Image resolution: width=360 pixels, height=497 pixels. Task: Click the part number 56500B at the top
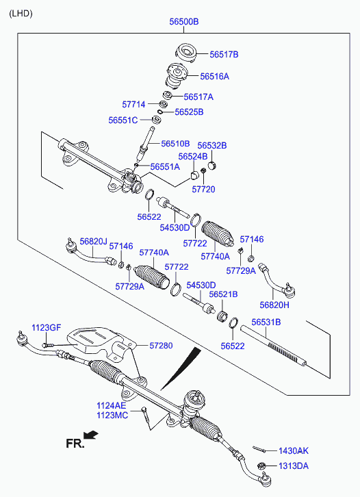[x=184, y=21]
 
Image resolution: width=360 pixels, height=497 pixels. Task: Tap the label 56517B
[x=224, y=55]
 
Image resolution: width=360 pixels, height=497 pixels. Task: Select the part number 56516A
[x=214, y=77]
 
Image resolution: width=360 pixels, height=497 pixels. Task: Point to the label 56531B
[x=266, y=322]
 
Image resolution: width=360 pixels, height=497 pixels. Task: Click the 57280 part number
[x=161, y=346]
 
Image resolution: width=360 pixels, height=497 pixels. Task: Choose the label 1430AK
[x=294, y=450]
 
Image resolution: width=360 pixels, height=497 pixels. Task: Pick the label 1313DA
[x=294, y=466]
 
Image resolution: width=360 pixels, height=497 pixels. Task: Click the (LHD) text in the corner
[x=21, y=14]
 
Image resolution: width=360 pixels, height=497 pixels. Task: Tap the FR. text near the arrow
[x=75, y=444]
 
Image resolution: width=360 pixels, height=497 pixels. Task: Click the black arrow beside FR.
[x=92, y=435]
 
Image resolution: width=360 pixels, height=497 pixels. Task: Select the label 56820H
[x=274, y=305]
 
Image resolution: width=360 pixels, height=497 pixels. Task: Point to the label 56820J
[x=93, y=242]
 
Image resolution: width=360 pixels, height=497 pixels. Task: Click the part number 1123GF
[x=46, y=328]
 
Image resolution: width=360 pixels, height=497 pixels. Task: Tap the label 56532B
[x=212, y=146]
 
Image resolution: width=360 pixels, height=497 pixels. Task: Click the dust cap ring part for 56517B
[x=185, y=52]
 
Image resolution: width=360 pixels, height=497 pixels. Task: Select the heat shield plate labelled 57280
[x=101, y=342]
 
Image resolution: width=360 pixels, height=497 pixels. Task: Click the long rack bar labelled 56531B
[x=273, y=346]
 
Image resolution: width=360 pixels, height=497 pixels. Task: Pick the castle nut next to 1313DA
[x=261, y=466]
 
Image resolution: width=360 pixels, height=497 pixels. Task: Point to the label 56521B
[x=223, y=294]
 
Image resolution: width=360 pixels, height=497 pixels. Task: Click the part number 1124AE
[x=112, y=406]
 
